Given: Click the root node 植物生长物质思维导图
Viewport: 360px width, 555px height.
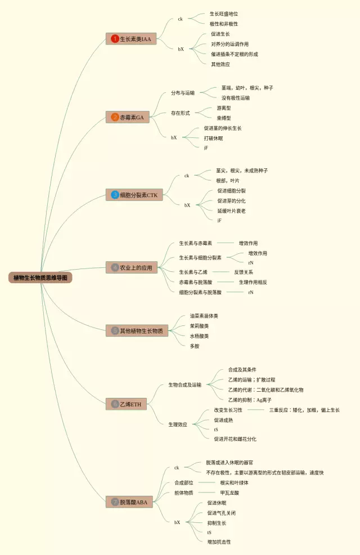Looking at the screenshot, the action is [40, 277].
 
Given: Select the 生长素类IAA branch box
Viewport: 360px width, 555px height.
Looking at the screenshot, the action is [131, 39].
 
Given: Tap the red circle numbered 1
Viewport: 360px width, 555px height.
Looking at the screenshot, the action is [115, 39].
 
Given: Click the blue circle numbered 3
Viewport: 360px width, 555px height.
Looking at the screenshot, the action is [115, 195].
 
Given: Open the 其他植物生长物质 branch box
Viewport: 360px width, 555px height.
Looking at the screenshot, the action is [137, 331].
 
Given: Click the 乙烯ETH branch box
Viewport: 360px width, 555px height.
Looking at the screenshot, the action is [126, 404].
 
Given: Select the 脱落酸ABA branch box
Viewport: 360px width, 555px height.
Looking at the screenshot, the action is [129, 502].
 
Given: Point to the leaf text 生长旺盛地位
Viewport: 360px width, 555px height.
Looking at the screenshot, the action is [227, 14].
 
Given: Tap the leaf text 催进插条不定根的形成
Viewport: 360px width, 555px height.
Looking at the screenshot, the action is [234, 54].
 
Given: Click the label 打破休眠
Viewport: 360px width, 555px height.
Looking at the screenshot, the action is [213, 138].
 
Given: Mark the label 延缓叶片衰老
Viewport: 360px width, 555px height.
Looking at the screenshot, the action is [231, 211].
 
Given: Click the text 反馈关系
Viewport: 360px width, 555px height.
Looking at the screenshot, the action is [245, 272].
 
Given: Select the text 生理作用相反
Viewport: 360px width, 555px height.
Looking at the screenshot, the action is [253, 282].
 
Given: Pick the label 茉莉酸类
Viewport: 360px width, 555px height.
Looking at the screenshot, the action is [199, 326].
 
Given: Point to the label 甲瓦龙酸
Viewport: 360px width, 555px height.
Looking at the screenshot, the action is [229, 493].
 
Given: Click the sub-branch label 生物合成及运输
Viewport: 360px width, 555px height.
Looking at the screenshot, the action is [184, 385].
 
